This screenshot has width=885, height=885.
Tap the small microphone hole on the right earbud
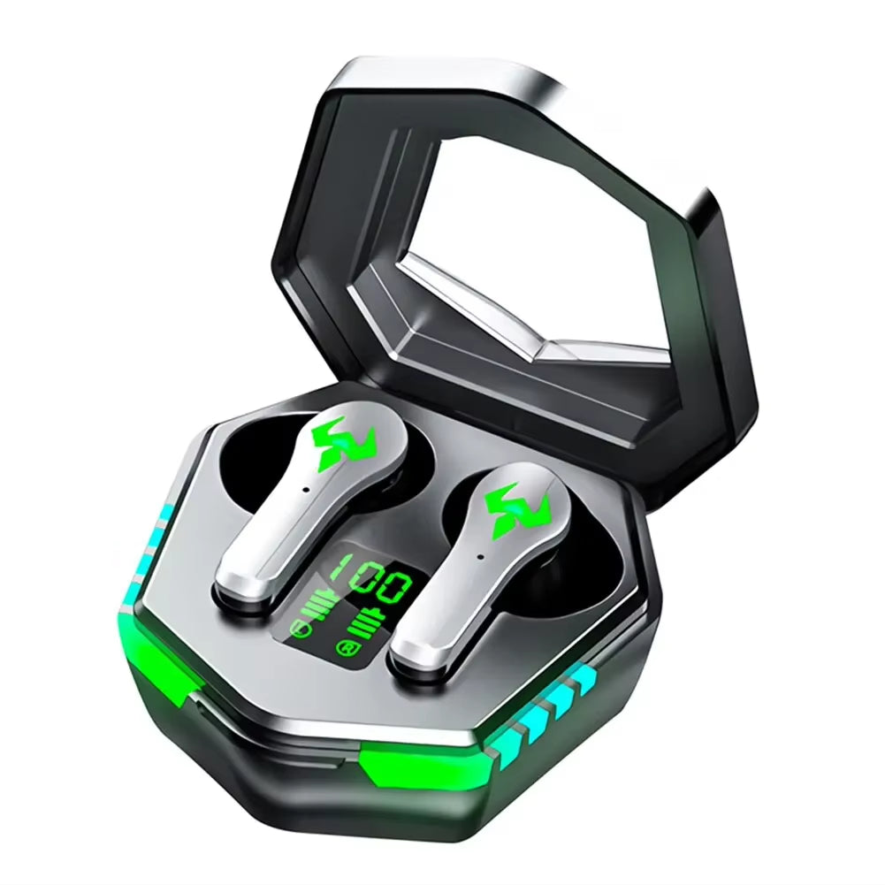pos(478,556)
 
